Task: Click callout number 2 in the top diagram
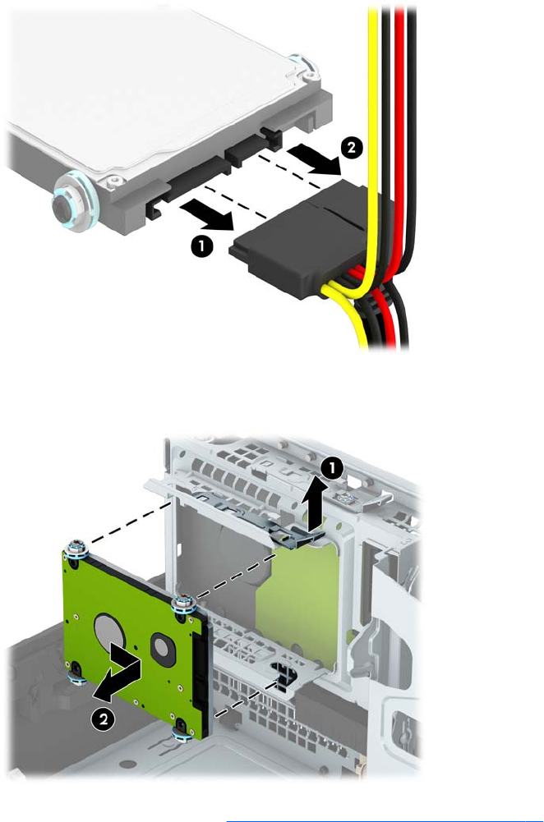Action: tap(351, 147)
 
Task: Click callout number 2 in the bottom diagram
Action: tap(104, 719)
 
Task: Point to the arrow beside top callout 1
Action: tap(206, 216)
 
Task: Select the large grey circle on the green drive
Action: tap(108, 631)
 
